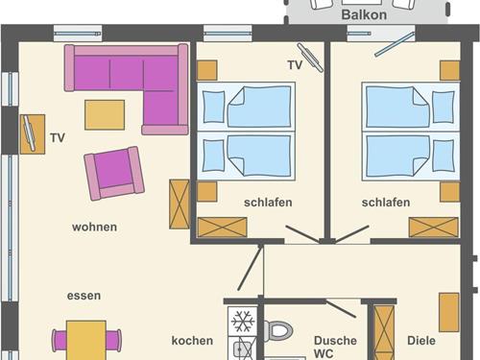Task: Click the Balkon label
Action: point(364,14)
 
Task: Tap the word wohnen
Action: point(94,227)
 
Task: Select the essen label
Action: point(84,296)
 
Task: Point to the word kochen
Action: point(192,341)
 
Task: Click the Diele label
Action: point(421,341)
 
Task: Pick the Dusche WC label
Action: point(335,348)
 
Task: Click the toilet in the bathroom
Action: point(277,330)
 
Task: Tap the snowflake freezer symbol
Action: point(243,321)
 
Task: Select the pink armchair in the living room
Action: point(114,173)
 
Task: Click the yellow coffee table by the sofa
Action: point(105,115)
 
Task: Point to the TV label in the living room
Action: point(58,138)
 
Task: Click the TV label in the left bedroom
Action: point(295,65)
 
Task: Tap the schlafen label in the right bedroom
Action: point(386,203)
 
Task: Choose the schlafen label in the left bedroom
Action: point(268,203)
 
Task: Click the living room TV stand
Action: point(33,134)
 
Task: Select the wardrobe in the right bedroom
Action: point(434,228)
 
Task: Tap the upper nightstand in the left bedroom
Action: point(207,70)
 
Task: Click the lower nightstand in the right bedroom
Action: point(449,192)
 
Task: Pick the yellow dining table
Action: point(86,340)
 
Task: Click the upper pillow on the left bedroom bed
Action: point(213,107)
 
